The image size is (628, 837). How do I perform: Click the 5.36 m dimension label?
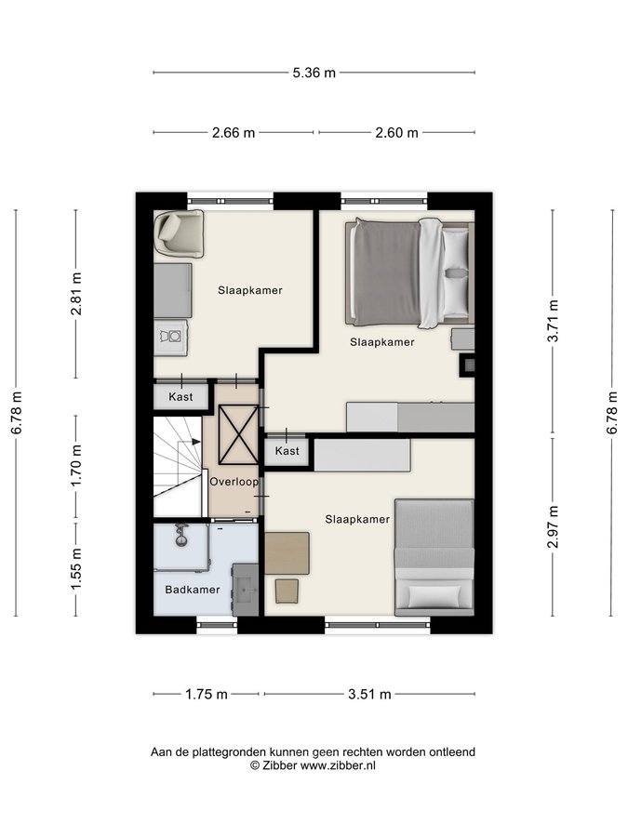tap(314, 73)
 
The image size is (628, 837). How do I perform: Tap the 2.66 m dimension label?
tap(234, 133)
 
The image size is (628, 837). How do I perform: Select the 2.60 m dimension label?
tap(396, 133)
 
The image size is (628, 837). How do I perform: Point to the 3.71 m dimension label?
tap(554, 320)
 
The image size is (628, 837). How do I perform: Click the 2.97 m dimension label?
tap(554, 527)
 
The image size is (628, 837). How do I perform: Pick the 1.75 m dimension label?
tap(207, 695)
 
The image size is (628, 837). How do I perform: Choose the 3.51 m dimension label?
tap(369, 695)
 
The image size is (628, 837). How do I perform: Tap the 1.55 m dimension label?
tap(76, 569)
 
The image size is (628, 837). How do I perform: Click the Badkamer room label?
tap(193, 590)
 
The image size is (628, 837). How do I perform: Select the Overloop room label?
tap(234, 482)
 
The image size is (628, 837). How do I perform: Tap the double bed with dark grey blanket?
tap(409, 272)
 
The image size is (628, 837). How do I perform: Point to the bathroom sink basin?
tap(246, 590)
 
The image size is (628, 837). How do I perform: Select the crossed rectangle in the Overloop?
tap(239, 434)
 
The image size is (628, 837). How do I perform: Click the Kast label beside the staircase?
tap(180, 397)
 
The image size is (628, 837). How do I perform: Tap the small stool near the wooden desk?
tap(287, 591)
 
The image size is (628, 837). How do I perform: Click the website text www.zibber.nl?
tap(338, 765)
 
